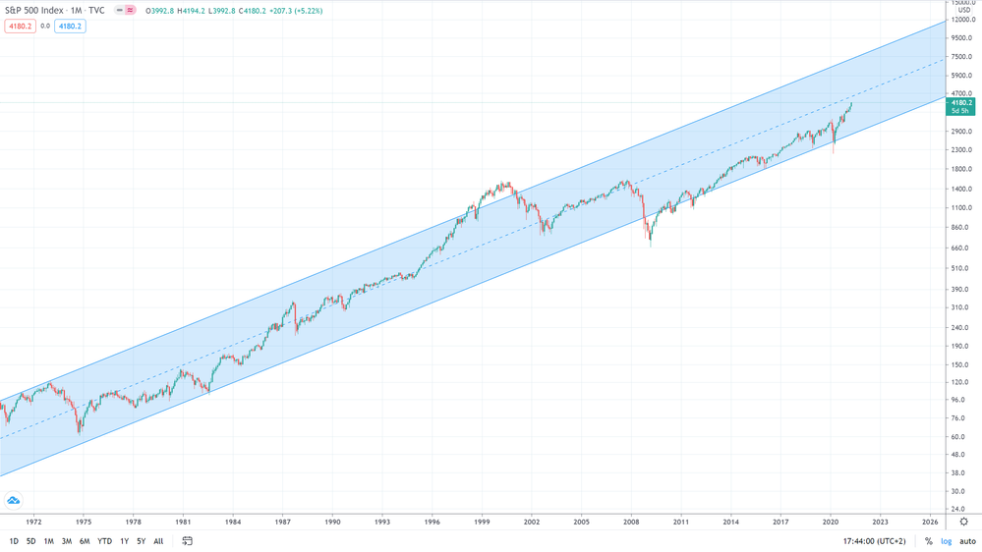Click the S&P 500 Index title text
pos(36,11)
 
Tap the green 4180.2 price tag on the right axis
pos(960,103)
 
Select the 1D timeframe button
pos(14,541)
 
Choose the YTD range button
pos(104,541)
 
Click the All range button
pos(158,541)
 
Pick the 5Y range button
pos(141,541)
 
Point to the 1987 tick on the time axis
pos(283,522)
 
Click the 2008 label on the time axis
pos(632,522)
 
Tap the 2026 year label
pos(930,522)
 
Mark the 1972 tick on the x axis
pos(33,522)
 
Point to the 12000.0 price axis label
pos(960,21)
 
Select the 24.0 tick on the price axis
pos(956,510)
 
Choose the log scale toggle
pos(946,541)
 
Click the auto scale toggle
pos(967,541)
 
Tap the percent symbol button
pos(928,541)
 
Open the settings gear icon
pos(963,522)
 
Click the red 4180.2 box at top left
pos(20,27)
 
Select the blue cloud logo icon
pos(14,501)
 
